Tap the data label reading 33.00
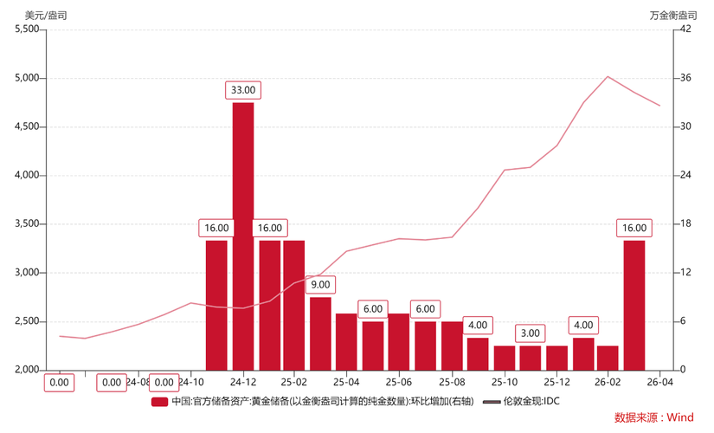point(243,90)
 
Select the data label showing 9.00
point(320,284)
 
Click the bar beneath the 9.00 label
point(320,333)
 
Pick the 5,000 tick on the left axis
point(28,78)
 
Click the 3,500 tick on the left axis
point(28,223)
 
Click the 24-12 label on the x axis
point(243,382)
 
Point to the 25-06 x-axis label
point(399,382)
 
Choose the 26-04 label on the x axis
point(660,382)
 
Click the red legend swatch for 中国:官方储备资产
point(159,402)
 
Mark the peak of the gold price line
point(608,76)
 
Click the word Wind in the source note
point(679,417)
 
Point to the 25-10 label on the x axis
point(504,382)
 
